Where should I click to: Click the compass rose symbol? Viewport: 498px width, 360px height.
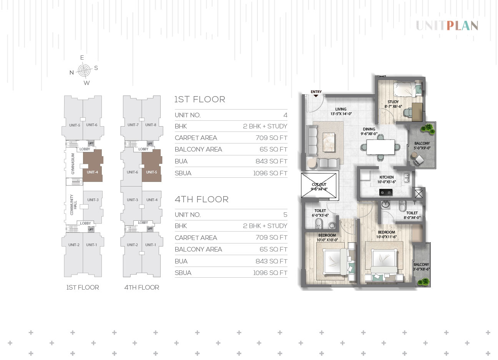[x=84, y=70]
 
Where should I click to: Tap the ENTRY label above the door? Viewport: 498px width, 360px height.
[x=316, y=92]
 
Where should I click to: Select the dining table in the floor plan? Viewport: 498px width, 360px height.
[x=380, y=147]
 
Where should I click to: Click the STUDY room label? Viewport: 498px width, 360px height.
[x=393, y=102]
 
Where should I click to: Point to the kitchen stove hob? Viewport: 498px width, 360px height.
[x=385, y=192]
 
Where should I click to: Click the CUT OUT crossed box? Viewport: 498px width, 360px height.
[x=319, y=185]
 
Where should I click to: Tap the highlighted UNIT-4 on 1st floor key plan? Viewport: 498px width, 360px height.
[x=93, y=165]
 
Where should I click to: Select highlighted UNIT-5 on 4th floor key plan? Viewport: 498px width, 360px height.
[x=152, y=165]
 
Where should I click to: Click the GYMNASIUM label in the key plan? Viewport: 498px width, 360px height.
[x=73, y=164]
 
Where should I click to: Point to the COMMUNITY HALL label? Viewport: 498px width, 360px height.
[x=73, y=205]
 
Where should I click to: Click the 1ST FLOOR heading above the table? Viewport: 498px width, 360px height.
[x=200, y=100]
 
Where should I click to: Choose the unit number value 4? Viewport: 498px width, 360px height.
[x=285, y=115]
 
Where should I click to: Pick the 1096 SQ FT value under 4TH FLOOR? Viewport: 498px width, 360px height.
[x=270, y=273]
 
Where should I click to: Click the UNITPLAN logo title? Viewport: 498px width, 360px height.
[x=447, y=26]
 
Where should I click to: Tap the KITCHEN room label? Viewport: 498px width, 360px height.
[x=387, y=177]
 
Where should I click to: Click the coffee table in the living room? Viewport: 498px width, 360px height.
[x=329, y=142]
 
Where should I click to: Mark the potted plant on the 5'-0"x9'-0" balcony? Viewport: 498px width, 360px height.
[x=428, y=129]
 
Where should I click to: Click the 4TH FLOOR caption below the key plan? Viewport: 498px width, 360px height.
[x=142, y=287]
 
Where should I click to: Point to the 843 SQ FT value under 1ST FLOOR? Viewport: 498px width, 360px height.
[x=271, y=161]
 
